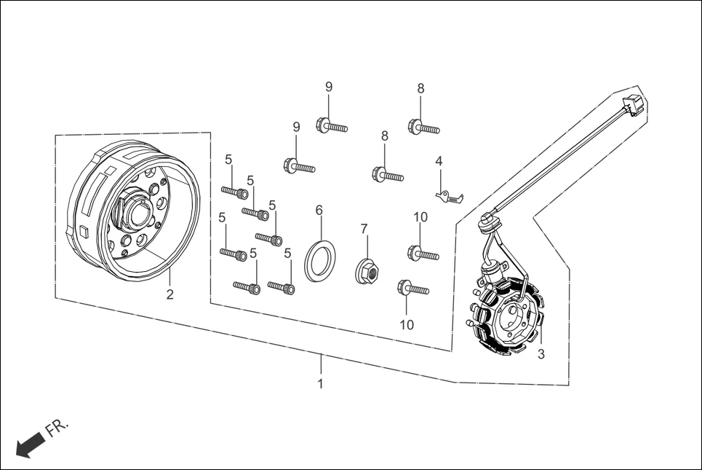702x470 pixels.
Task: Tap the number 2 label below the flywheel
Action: coord(169,295)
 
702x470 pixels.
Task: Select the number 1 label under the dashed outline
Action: coord(320,383)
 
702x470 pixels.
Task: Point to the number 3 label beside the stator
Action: coord(541,355)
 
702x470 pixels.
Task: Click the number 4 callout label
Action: coord(439,161)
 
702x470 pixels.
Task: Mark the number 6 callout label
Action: coord(319,211)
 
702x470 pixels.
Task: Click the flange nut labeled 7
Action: coord(367,273)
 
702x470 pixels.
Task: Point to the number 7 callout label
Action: coord(364,230)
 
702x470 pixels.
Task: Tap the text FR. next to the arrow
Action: coord(57,428)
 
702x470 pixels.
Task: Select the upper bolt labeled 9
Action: coord(331,126)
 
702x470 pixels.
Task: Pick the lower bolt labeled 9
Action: coord(298,167)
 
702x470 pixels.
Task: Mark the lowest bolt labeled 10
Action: coord(413,288)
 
